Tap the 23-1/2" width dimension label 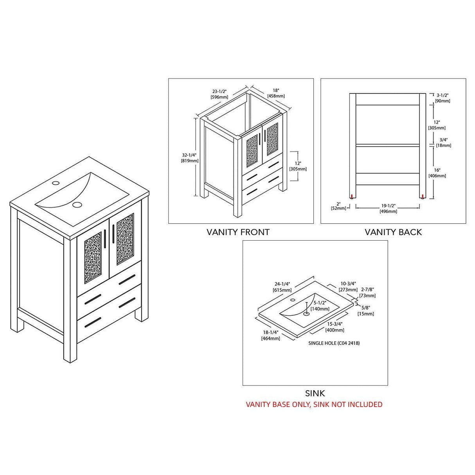(220, 94)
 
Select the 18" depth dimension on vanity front (276, 93)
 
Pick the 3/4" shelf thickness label (444, 142)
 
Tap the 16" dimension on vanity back (437, 173)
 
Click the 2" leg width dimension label (338, 206)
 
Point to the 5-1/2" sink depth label (320, 306)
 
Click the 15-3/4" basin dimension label (335, 327)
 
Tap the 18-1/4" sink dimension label (270, 335)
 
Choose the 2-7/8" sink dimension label (367, 292)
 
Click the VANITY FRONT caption (238, 232)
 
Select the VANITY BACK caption (393, 232)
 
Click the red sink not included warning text (314, 404)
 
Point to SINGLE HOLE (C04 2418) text (334, 343)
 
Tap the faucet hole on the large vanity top (56, 183)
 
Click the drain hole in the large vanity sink (77, 205)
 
